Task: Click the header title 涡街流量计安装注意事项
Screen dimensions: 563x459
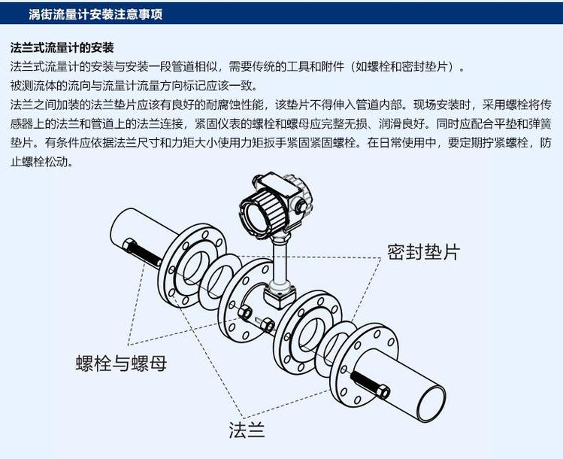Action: click(x=95, y=14)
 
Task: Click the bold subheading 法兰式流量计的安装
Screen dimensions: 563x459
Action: click(x=62, y=48)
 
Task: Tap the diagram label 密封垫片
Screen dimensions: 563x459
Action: click(x=423, y=252)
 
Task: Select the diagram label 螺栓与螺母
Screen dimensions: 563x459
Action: click(x=121, y=363)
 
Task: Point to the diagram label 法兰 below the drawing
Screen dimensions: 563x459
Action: click(x=247, y=430)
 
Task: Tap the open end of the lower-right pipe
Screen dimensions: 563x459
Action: click(x=432, y=403)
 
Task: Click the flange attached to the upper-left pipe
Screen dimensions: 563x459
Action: click(x=192, y=266)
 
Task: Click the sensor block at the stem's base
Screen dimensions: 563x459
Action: click(x=280, y=296)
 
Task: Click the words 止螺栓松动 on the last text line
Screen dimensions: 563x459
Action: click(x=39, y=162)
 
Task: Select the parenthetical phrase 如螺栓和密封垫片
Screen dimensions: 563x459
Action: click(x=402, y=67)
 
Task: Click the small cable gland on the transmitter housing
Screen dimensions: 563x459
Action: click(x=301, y=206)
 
